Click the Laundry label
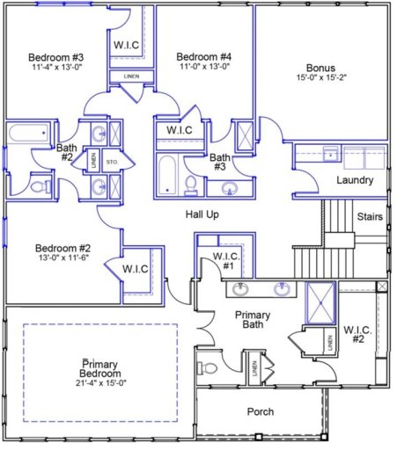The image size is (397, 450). point(355,180)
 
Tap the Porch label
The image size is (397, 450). point(261,411)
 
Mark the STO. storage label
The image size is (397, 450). point(112,162)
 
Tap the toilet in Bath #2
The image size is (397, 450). point(38,186)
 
